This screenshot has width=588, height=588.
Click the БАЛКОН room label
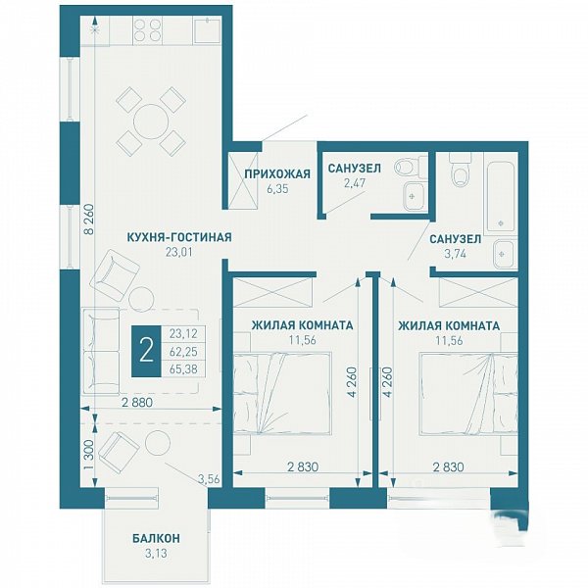pyautogui.click(x=156, y=538)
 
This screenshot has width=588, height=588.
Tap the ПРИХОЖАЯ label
pyautogui.click(x=277, y=174)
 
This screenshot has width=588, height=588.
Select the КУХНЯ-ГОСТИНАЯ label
pyautogui.click(x=179, y=237)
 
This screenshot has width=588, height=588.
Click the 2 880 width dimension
pyautogui.click(x=137, y=403)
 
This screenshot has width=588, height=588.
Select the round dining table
pyautogui.click(x=152, y=122)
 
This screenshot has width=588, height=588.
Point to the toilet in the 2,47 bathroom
pyautogui.click(x=411, y=166)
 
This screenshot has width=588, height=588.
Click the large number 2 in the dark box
pyautogui.click(x=146, y=352)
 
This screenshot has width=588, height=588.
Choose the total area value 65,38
pyautogui.click(x=183, y=369)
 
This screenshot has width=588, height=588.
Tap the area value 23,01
pyautogui.click(x=179, y=252)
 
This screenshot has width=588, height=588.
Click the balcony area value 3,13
pyautogui.click(x=156, y=553)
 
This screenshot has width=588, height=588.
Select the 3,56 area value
pyautogui.click(x=208, y=479)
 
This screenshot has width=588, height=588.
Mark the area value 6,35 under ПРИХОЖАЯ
pyautogui.click(x=277, y=189)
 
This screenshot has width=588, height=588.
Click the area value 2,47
pyautogui.click(x=355, y=183)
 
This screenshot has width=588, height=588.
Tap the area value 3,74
pyautogui.click(x=455, y=254)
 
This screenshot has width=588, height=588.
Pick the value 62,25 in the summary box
pyautogui.click(x=183, y=352)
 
